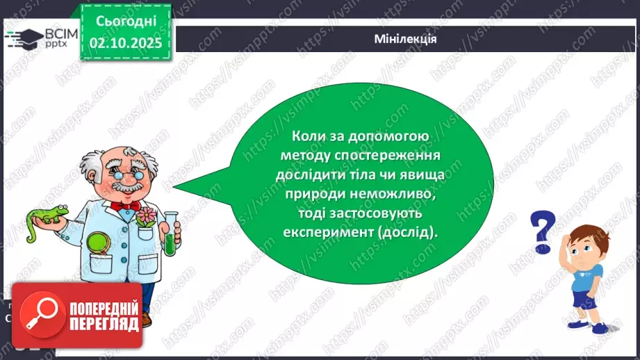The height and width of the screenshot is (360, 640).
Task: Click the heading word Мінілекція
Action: [x=404, y=39]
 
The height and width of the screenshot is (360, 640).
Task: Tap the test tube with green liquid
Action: [x=170, y=234]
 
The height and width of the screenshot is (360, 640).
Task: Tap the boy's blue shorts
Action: [x=582, y=298]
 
